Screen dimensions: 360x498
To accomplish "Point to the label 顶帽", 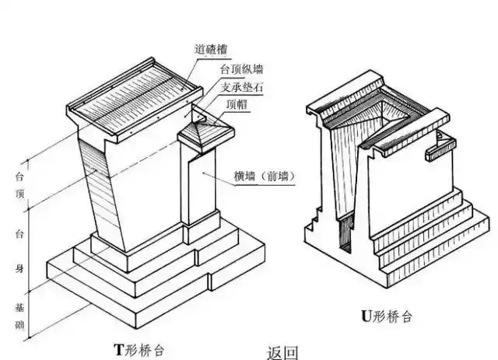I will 238,104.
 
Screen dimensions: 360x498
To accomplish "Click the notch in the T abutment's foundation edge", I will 212,278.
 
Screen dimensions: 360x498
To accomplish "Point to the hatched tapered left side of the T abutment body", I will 97,187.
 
